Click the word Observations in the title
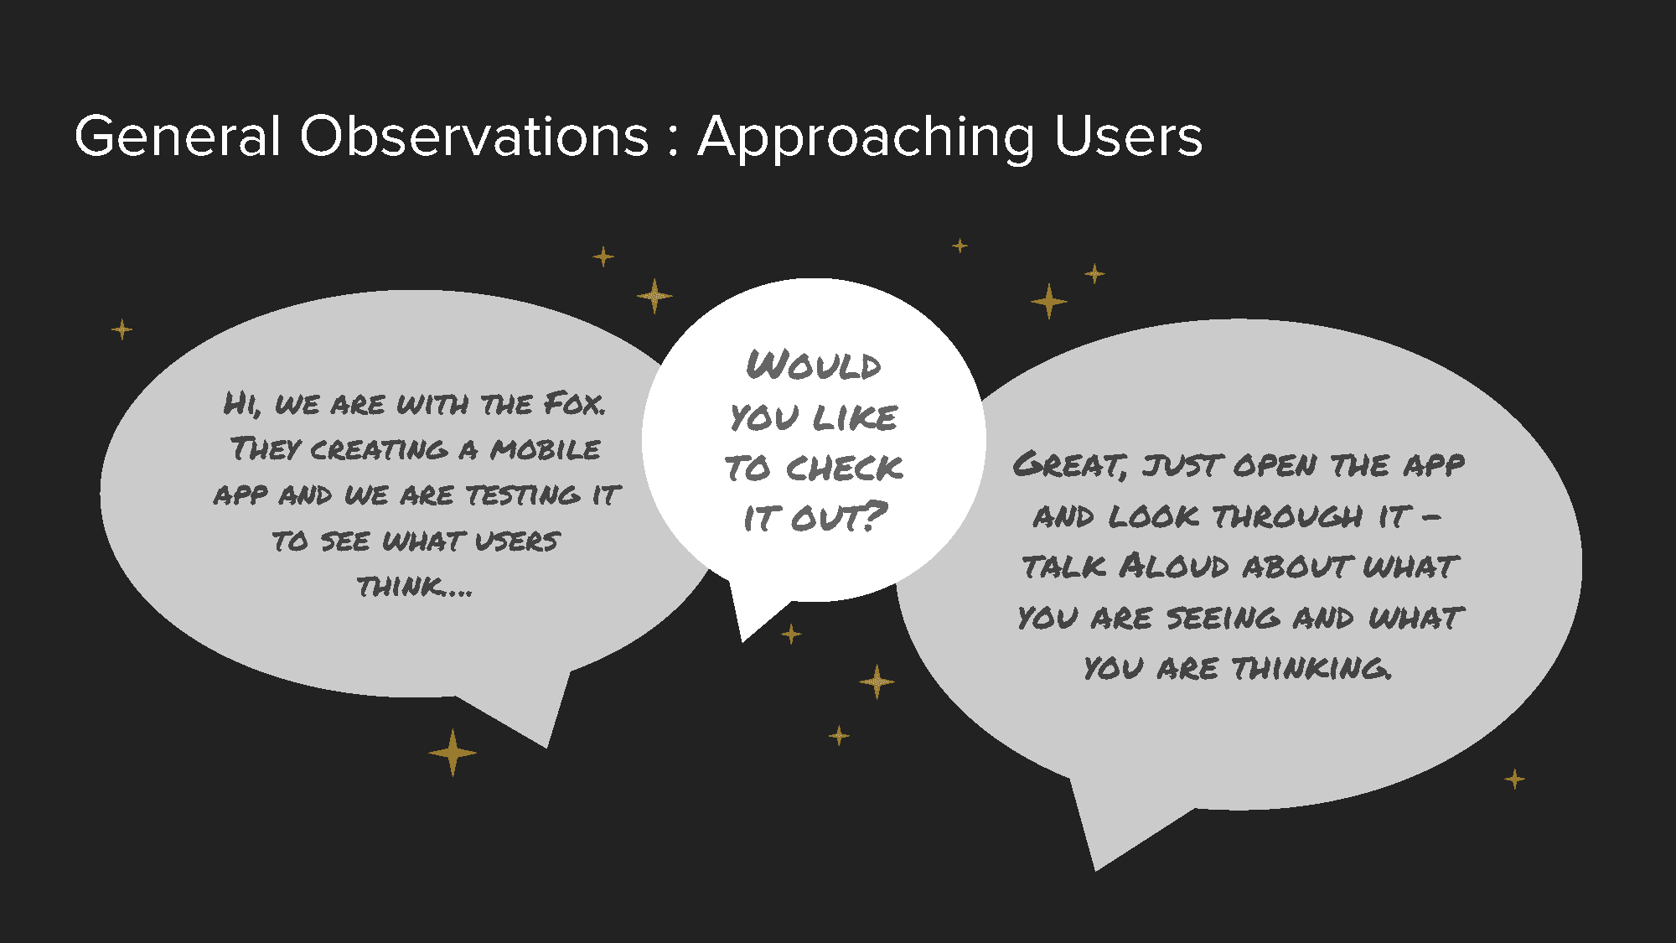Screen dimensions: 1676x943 tap(474, 136)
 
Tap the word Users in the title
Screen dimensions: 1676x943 tap(1129, 136)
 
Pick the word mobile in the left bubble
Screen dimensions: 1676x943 tap(546, 449)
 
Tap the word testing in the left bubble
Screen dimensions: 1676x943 tap(523, 495)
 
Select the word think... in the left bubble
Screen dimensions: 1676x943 tap(415, 586)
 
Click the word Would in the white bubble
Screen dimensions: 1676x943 tap(814, 365)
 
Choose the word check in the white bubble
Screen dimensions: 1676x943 tap(845, 468)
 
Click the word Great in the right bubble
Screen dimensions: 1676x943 tap(1069, 464)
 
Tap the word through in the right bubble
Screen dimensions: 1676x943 tap(1288, 516)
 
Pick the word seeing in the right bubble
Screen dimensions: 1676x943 tap(1223, 618)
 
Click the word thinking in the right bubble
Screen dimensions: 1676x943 tap(1311, 668)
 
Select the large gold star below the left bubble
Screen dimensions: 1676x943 tap(453, 753)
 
